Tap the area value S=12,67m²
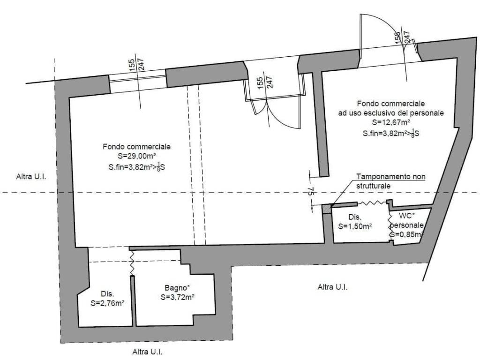point(391,122)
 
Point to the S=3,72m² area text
point(178,297)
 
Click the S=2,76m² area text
point(107,303)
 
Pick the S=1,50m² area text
point(355,226)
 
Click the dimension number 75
point(310,191)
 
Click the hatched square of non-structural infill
point(327,208)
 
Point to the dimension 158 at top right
point(397,38)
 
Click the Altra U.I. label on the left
point(31,177)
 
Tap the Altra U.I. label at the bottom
point(147,352)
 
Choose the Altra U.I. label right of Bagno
point(332,287)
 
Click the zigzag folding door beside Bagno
point(132,262)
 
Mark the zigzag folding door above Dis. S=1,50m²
point(372,202)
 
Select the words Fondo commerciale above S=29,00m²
point(136,147)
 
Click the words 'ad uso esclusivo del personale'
point(391,113)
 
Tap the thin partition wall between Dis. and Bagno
point(133,300)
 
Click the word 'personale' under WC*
point(407,225)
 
